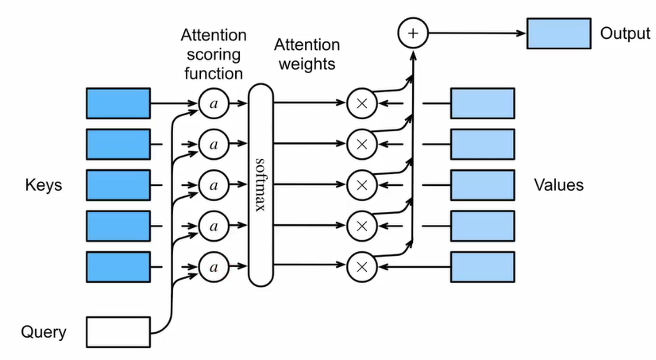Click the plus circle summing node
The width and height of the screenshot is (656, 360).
pos(412,34)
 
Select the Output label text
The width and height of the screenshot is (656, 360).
pos(625,34)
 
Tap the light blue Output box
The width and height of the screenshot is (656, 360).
pos(559,34)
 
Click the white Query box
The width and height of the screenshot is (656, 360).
pos(118,331)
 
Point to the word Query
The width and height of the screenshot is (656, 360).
pos(44,332)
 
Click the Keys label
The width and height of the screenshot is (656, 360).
pos(44,185)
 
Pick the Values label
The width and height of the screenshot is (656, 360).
pos(559,185)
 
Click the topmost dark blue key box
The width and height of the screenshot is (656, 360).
pos(118,103)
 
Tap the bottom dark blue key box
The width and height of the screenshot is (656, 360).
pos(118,265)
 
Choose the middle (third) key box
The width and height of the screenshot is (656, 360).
pos(118,184)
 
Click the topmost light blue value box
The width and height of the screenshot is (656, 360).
pos(483,103)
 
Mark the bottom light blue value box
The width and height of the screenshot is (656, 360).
pos(483,265)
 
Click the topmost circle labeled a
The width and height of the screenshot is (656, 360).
pos(213,103)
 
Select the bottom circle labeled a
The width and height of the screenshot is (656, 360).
pos(213,265)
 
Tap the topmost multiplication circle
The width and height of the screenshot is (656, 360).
pos(361,103)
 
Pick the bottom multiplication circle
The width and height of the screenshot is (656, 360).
pos(361,265)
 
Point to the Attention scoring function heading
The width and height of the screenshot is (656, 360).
pos(213,54)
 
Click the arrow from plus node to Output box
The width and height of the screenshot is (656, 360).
pos(477,34)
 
